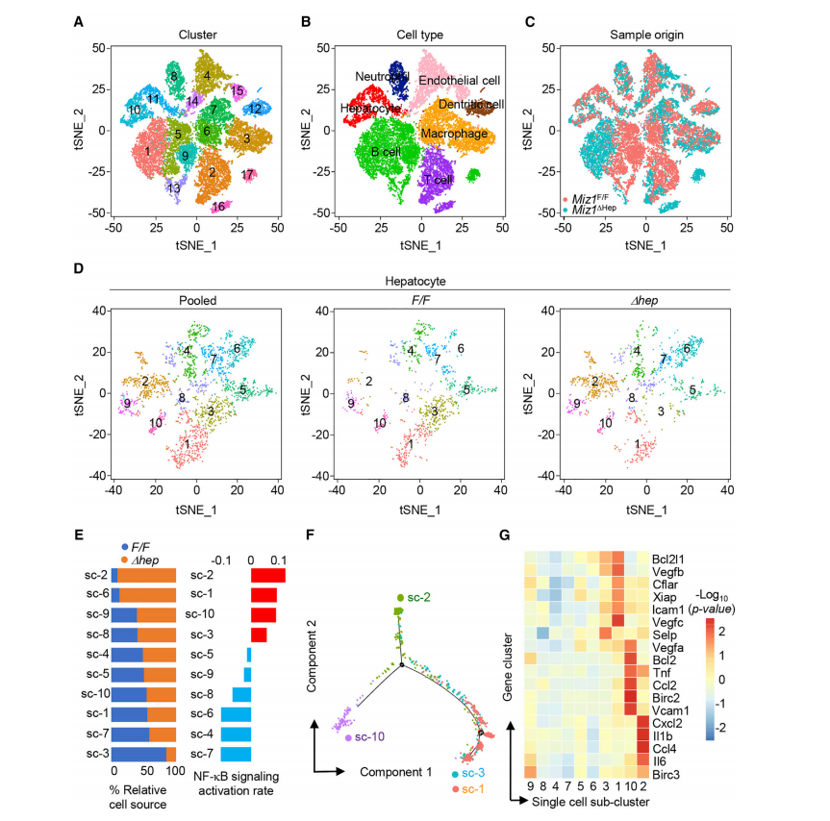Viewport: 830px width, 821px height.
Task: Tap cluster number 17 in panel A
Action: point(248,174)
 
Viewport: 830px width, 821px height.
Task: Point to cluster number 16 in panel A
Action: point(218,206)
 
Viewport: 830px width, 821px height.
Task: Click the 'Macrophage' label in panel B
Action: point(454,133)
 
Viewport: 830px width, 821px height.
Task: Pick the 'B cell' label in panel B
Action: point(386,152)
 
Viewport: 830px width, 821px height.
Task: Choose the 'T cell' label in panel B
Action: point(440,180)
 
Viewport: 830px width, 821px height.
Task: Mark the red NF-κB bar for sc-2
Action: point(267,575)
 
